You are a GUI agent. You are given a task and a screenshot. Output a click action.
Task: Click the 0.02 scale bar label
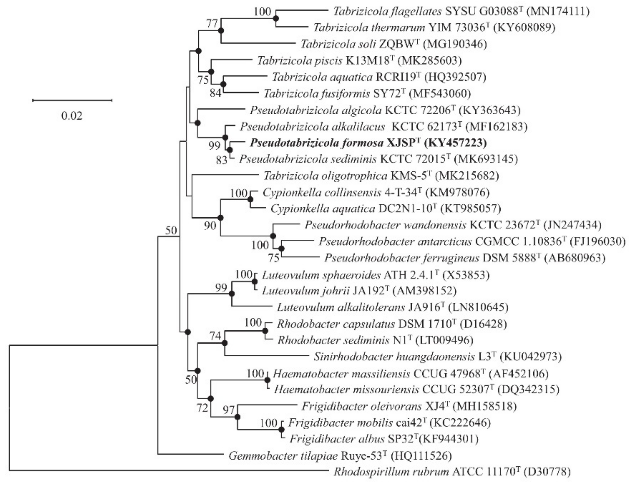(x=72, y=116)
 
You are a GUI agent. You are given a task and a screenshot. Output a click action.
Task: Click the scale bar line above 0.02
(x=72, y=100)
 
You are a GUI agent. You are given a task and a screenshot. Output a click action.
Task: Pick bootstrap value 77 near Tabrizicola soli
(x=212, y=24)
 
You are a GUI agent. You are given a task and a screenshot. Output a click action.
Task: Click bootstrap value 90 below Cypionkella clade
(x=210, y=225)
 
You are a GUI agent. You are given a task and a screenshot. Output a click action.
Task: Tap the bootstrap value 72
(x=202, y=408)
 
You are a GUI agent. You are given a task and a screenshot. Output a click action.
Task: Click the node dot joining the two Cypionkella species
(x=250, y=199)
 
